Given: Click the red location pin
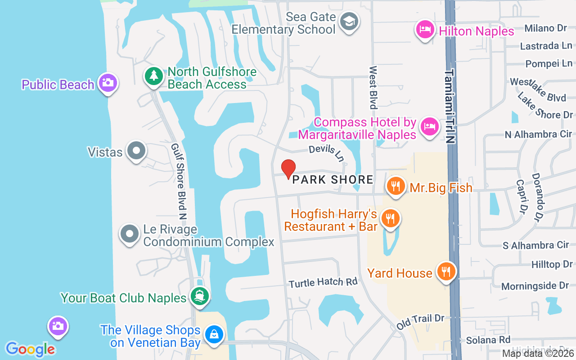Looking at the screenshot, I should pos(288,169).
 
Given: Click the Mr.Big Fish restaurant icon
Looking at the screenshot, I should pos(396,186).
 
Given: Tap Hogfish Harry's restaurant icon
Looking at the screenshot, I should pos(390,219).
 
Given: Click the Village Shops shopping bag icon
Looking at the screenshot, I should pos(214,335).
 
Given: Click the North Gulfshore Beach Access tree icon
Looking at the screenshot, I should pos(154,76).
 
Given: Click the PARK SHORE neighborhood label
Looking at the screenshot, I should pos(333,180).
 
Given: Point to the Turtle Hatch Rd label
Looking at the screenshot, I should pos(323,283).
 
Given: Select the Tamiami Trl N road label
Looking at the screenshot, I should pos(450,106).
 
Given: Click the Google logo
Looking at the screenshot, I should pos(30,349).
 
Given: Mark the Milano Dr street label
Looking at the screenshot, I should pos(546,28).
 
